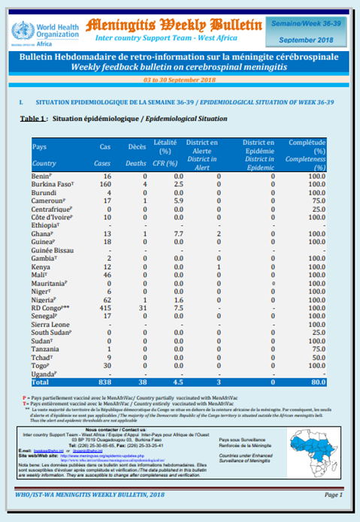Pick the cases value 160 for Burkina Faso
(x=105, y=183)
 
